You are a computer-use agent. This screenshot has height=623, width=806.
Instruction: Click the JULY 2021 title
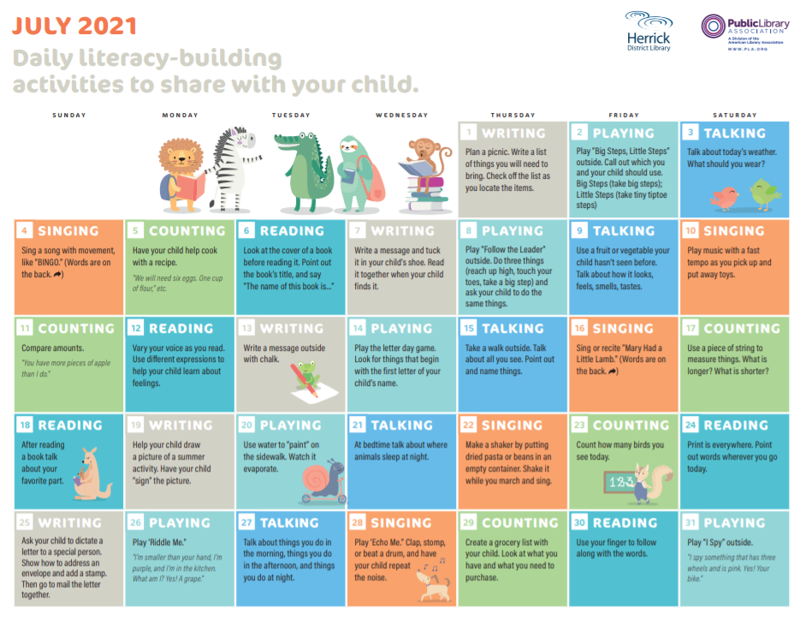pyautogui.click(x=74, y=27)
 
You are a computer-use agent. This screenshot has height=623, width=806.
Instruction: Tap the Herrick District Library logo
pyautogui.click(x=649, y=31)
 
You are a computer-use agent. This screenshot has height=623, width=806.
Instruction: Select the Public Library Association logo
pyautogui.click(x=745, y=32)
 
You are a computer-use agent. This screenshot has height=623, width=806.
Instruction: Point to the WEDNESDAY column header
pyautogui.click(x=402, y=116)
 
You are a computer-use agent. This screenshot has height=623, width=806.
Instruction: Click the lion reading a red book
pyautogui.click(x=181, y=175)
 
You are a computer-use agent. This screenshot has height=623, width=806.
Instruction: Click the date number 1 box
pyautogui.click(x=468, y=133)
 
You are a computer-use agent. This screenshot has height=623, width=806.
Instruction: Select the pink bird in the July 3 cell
pyautogui.click(x=725, y=198)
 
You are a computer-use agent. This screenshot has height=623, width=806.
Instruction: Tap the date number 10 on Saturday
pyautogui.click(x=690, y=231)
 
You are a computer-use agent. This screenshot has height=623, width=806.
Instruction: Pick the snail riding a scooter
pyautogui.click(x=323, y=482)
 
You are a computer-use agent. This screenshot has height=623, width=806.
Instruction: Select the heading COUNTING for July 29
pyautogui.click(x=519, y=523)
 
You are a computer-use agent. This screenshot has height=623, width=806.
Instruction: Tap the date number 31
pyautogui.click(x=690, y=523)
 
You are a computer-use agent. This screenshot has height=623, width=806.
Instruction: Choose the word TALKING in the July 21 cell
pyautogui.click(x=402, y=425)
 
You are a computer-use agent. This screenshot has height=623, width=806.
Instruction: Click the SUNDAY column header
pyautogui.click(x=69, y=116)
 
